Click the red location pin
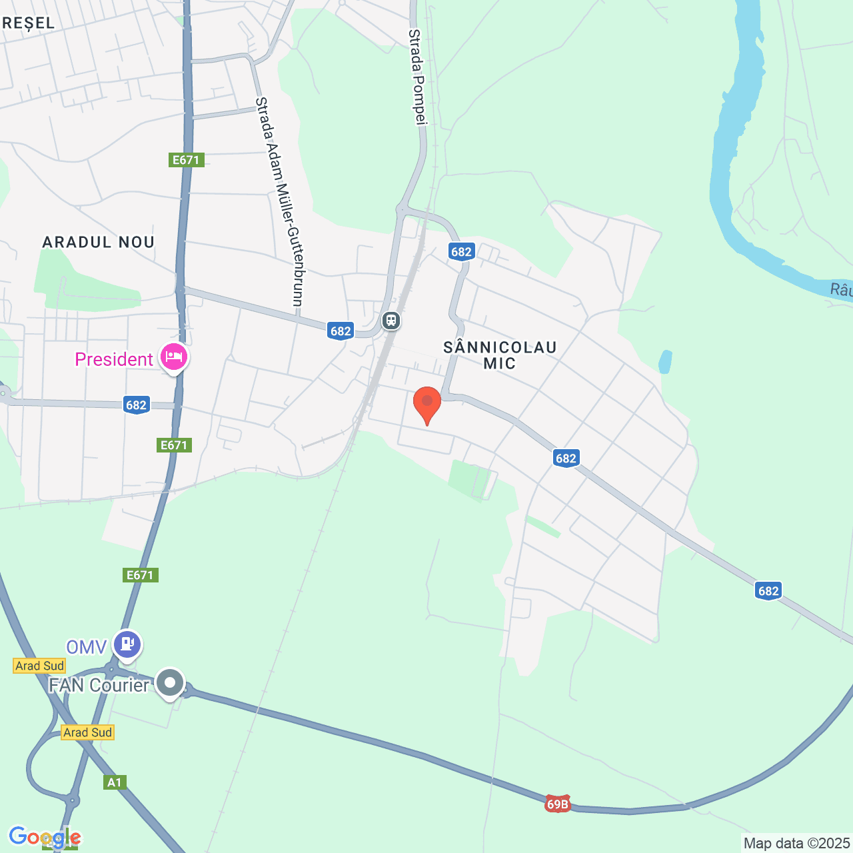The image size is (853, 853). [x=427, y=403]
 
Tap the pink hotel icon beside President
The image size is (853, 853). [x=174, y=357]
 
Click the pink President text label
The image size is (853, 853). [x=114, y=360]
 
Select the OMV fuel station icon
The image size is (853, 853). [x=127, y=644]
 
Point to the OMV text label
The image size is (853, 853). [x=87, y=647]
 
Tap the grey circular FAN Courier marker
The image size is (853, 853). [x=170, y=683]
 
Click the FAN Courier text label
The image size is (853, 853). [x=99, y=685]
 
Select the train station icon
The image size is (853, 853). [x=391, y=321]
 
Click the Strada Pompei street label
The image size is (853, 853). [x=418, y=77]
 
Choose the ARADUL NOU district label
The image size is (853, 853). [x=99, y=242]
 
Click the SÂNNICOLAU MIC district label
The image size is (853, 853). [x=500, y=355]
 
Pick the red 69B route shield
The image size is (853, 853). [x=557, y=804]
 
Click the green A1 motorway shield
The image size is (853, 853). [x=115, y=782]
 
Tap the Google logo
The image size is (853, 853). [x=45, y=837]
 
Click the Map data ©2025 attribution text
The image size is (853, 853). [x=796, y=843]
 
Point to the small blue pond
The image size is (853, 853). [x=665, y=362]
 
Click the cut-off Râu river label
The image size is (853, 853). [x=841, y=289]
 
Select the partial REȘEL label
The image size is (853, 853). [x=28, y=23]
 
